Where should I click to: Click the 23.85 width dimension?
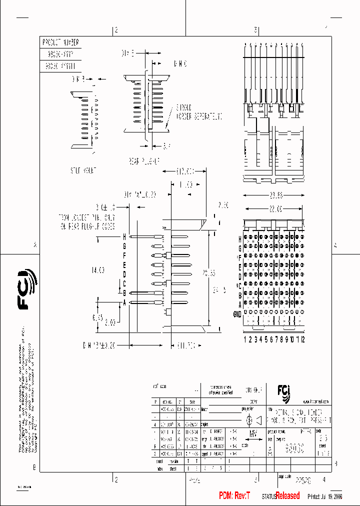click(x=274, y=195)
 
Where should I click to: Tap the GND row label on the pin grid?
click(x=237, y=313)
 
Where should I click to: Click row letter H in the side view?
click(x=124, y=236)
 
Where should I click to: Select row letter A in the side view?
click(x=124, y=302)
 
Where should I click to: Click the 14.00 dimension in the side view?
click(x=97, y=270)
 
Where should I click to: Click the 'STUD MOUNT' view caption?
click(x=83, y=170)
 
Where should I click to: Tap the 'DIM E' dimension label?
click(x=128, y=52)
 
